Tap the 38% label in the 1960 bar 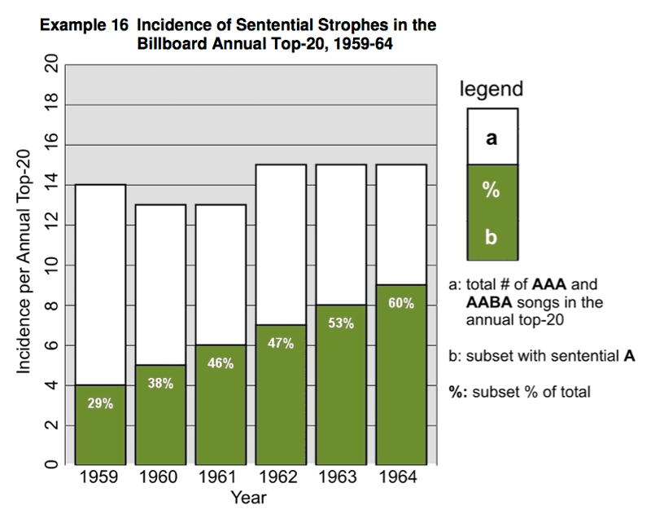click(159, 384)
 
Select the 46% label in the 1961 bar click(220, 363)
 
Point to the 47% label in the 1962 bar click(280, 343)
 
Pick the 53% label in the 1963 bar click(340, 323)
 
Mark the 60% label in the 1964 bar click(400, 303)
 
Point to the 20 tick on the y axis click(51, 66)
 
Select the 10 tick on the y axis click(51, 266)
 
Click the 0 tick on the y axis click(51, 465)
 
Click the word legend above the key click(492, 90)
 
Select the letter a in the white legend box click(492, 137)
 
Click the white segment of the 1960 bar click(159, 285)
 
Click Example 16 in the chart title click(84, 25)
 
